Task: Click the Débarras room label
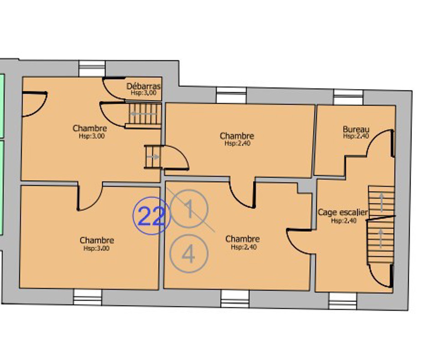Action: (143, 86)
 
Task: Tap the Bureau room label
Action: (356, 129)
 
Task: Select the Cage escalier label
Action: (343, 213)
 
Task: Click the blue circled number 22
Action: (151, 216)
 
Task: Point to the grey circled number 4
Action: (189, 253)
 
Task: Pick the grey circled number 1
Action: (189, 209)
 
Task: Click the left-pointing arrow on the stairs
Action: (143, 114)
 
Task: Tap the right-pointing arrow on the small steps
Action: (153, 157)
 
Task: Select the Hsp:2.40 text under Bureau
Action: (356, 136)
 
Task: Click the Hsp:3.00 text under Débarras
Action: (143, 93)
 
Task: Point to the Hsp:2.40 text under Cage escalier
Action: (344, 220)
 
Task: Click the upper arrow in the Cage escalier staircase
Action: (381, 202)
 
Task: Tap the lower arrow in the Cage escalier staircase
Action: (381, 238)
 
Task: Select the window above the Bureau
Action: (348, 97)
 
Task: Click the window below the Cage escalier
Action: (343, 301)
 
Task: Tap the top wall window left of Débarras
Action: (92, 68)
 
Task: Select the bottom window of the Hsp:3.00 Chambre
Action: (88, 298)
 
